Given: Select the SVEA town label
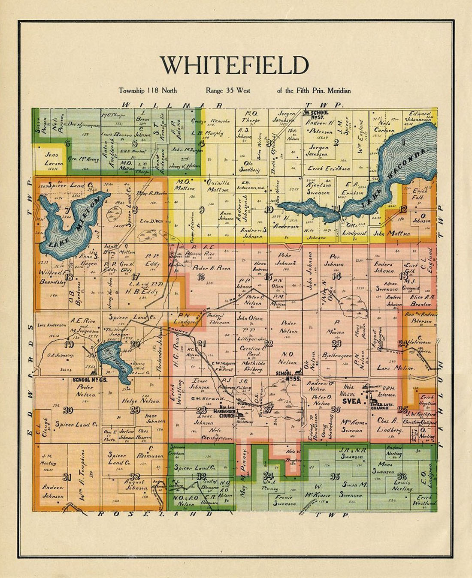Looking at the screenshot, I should pos(351,401).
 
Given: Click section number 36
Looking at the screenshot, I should pos(402,476).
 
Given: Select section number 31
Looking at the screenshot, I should pos(67,477).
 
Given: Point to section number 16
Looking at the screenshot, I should pos(200,277).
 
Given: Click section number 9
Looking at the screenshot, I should pos(201,210).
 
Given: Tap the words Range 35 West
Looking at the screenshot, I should pos(228,90).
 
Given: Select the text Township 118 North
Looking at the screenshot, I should pos(148,90).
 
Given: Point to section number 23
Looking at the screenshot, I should pos(336,343).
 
